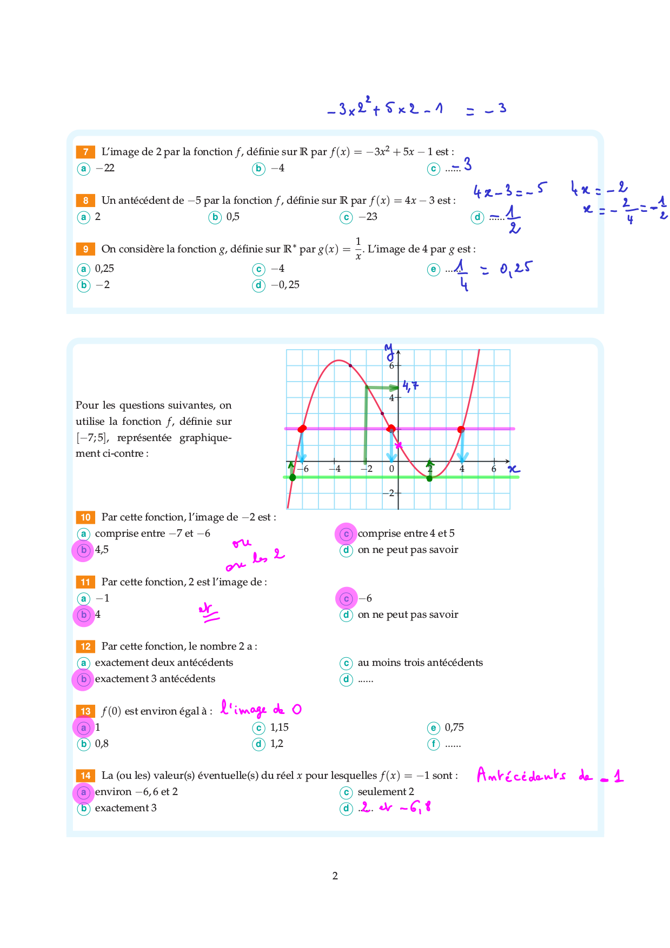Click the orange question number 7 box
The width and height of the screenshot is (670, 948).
pos(85,152)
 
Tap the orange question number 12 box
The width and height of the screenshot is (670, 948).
pos(85,646)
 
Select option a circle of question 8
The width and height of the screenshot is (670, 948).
pos(83,217)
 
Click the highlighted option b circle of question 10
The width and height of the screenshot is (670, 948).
pos(83,550)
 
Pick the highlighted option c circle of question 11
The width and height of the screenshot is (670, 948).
pos(347,598)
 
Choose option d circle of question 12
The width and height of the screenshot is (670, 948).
pos(346,679)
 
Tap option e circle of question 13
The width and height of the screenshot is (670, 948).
pos(434,728)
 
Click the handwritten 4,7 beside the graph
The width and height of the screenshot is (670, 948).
pos(410,386)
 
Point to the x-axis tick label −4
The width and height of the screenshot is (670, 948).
pos(335,469)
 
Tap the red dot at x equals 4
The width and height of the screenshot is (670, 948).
pos(461,430)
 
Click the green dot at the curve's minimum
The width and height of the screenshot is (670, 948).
pos(429,478)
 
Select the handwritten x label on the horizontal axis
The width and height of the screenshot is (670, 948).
pos(514,469)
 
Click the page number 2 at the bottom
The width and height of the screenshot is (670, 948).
pos(335,876)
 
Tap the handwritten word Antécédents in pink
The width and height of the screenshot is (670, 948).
pos(521,776)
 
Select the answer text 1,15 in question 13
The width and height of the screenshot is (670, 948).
pos(280,727)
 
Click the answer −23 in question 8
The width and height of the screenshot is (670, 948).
pos(368,217)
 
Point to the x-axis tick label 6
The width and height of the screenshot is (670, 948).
pos(494,469)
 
